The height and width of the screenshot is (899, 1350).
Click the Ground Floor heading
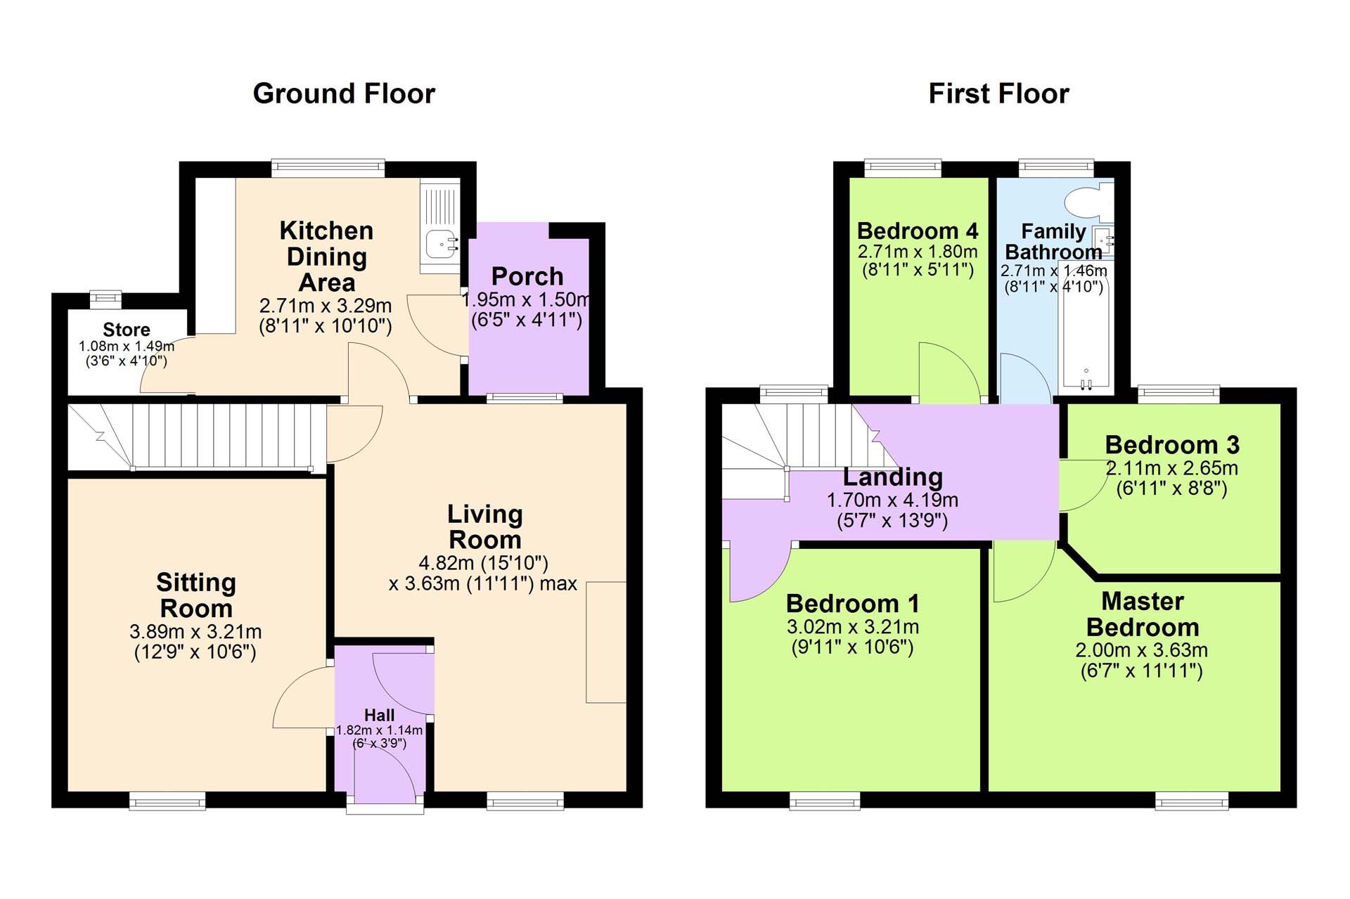344,93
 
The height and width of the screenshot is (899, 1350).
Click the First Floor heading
998,93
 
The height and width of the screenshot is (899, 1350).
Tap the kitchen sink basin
441,244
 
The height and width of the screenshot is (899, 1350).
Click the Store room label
127,330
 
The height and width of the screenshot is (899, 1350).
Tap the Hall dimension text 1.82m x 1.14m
379,730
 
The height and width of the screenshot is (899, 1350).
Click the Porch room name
527,276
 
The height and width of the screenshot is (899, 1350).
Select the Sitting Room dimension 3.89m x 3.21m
195,631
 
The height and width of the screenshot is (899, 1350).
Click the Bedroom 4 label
918,231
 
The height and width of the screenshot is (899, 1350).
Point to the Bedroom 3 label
1172,445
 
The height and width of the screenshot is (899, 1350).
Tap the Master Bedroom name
1143,614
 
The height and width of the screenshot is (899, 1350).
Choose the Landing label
892,477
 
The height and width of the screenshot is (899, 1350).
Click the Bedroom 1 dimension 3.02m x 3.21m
853,627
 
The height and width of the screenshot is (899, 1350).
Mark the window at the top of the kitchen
328,167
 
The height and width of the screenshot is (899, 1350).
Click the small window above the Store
105,299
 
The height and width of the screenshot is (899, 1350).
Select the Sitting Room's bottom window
167,801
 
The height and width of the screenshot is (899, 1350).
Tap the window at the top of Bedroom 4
903,167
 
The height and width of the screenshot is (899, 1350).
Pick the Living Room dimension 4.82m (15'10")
484,563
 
